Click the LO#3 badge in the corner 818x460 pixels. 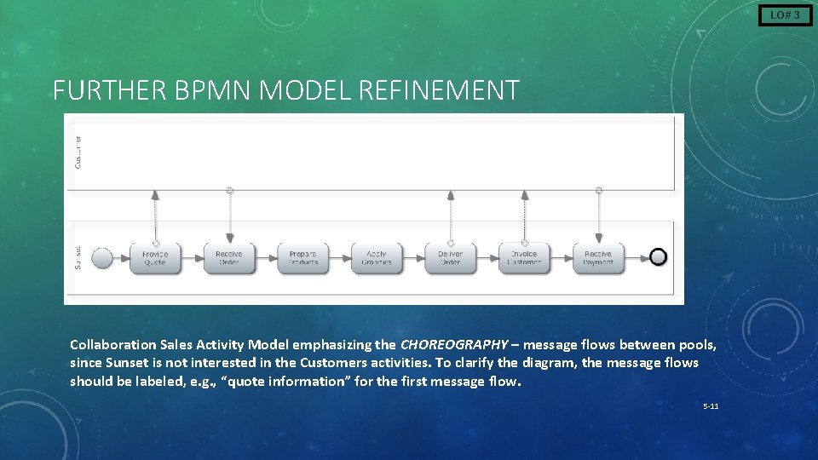coord(785,14)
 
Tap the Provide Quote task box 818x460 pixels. coord(155,258)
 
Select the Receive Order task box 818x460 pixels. coord(229,258)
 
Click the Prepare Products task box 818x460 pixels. coord(302,258)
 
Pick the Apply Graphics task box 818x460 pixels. coord(377,258)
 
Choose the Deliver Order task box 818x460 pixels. coord(450,258)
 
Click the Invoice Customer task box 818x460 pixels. coord(524,258)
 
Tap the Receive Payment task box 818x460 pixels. coord(598,258)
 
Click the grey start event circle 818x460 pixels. coord(102,258)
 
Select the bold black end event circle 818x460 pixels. coord(658,257)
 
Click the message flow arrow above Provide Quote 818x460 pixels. coord(155,216)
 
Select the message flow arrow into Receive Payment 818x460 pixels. coord(599,216)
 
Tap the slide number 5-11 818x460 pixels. coord(711,406)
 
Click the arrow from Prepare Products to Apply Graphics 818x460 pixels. coord(339,258)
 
